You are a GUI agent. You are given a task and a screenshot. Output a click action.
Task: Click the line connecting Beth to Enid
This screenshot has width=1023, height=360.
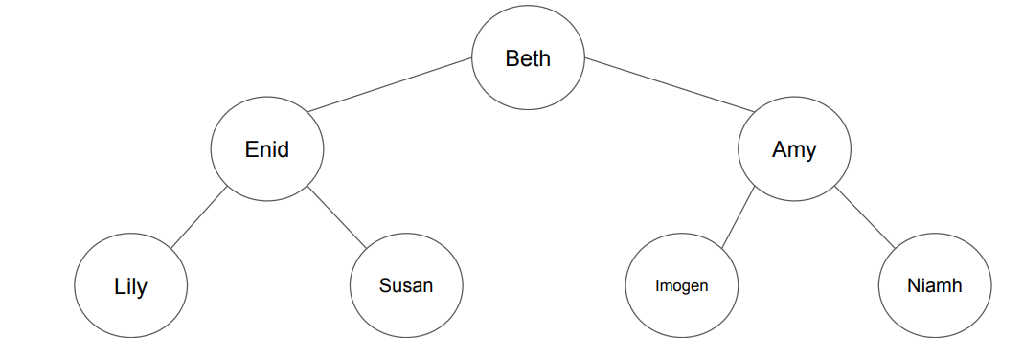click(x=391, y=84)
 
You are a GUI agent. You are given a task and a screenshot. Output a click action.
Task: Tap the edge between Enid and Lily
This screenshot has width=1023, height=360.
click(x=199, y=217)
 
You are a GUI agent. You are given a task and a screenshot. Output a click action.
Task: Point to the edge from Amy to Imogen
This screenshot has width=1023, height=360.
click(x=739, y=217)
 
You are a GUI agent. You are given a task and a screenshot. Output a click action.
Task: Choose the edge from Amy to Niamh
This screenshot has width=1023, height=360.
click(x=864, y=217)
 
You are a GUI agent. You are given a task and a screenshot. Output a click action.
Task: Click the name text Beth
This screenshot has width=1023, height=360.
click(x=528, y=59)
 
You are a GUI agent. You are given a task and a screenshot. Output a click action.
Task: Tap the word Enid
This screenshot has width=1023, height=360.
click(x=267, y=149)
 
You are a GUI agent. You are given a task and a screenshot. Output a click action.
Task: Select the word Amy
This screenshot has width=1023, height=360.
click(x=794, y=150)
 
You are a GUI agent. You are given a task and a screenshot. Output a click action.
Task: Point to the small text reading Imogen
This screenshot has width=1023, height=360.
click(x=681, y=286)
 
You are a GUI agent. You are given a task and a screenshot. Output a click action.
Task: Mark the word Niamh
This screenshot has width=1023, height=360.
click(x=934, y=285)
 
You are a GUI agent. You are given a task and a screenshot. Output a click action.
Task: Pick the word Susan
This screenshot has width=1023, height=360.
click(x=406, y=285)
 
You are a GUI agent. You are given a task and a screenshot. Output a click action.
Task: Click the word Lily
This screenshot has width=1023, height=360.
click(x=131, y=286)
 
